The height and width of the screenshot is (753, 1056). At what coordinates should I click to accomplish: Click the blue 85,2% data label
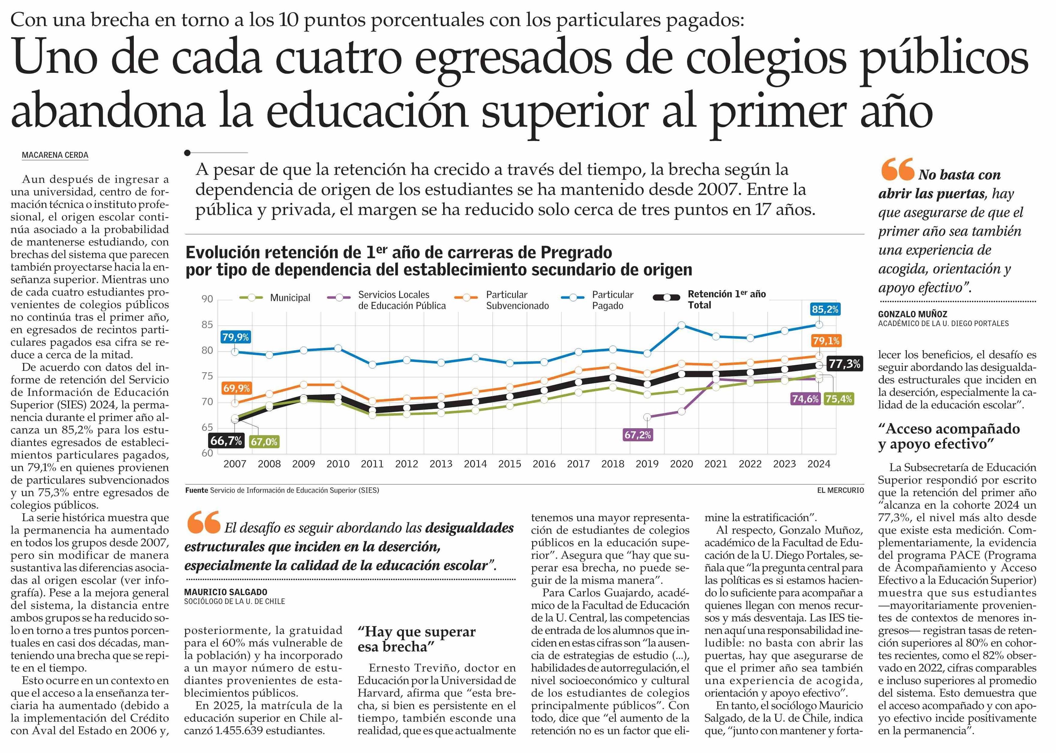825,309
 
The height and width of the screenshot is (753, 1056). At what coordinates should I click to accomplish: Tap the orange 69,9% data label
236,388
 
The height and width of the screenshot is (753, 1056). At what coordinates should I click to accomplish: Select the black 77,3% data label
844,364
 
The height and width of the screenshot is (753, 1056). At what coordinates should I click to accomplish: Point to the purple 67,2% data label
637,435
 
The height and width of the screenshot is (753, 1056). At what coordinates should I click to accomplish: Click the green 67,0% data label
264,442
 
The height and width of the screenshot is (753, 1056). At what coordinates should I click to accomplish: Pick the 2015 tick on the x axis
509,464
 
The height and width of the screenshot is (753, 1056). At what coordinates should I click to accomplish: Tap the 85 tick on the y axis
207,324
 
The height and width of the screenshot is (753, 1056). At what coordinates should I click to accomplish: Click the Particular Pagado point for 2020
681,325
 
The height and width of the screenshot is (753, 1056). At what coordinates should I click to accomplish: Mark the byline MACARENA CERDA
55,155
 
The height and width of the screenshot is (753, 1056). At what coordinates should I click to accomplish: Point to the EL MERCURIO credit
840,490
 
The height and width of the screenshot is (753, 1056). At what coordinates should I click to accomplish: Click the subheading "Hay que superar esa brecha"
416,639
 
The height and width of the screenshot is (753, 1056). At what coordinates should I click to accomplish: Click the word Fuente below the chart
197,490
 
